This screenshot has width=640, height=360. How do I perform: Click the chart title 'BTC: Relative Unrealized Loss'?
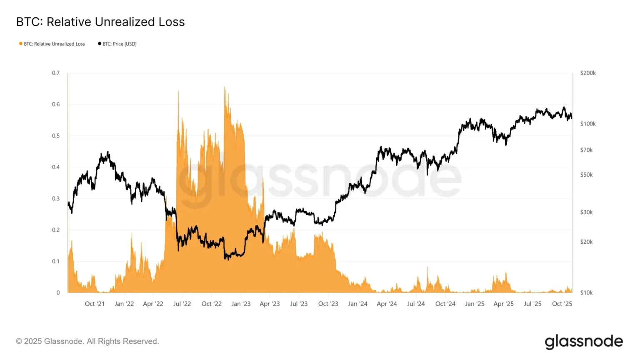pos(100,22)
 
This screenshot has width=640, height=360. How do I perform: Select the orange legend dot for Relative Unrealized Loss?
pos(21,44)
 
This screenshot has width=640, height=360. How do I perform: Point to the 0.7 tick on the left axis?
pos(56,73)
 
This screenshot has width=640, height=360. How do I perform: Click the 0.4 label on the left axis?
pos(56,167)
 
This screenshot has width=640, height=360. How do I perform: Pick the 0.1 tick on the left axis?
pos(56,261)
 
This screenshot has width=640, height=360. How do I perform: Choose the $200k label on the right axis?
pos(588,73)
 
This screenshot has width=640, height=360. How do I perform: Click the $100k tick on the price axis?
pos(588,124)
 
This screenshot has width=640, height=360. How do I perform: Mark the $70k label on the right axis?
pos(586,150)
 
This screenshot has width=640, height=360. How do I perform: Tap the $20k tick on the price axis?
pos(586,242)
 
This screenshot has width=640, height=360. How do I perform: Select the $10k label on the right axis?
pos(586,292)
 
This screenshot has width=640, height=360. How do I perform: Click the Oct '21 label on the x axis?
pos(95,304)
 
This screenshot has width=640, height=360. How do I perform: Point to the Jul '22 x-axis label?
pos(182,304)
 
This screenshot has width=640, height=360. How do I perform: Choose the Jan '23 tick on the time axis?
pos(241,304)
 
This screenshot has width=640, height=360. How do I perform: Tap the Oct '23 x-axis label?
pos(328,304)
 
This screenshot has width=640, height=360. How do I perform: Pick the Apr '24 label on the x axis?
pos(387,304)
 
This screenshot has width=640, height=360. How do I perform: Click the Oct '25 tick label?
pos(562,304)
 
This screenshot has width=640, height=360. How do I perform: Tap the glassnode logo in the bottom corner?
pos(584,342)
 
